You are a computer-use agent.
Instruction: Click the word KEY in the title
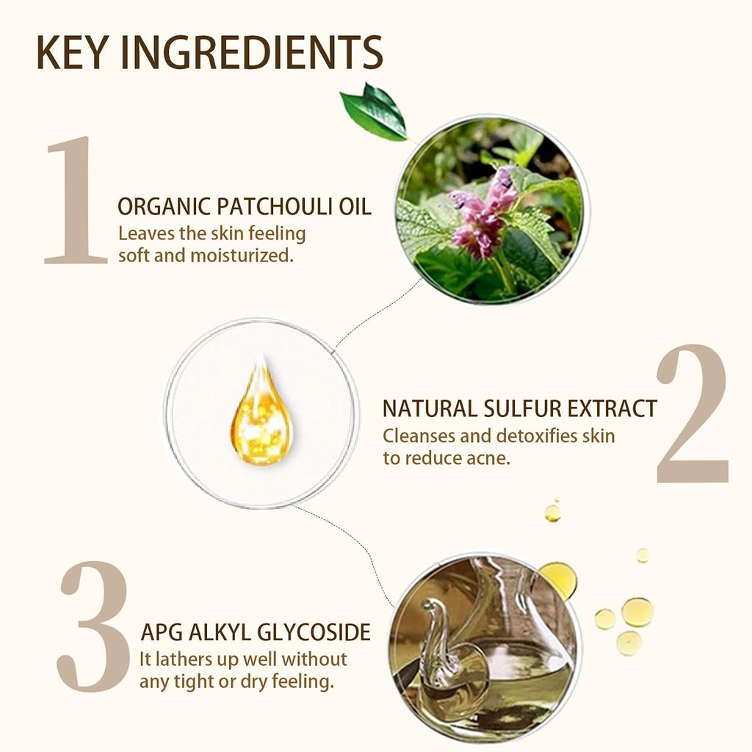tap(72, 52)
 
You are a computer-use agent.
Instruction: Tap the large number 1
tap(76, 200)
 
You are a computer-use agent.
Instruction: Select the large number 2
tap(692, 413)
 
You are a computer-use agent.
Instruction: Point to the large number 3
tap(93, 626)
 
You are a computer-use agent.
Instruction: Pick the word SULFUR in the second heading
tap(522, 409)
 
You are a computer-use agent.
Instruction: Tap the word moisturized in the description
tap(242, 255)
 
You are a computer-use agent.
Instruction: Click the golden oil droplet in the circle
tap(261, 413)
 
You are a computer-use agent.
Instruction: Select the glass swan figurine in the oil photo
tap(444, 652)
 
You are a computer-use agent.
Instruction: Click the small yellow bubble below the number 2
tap(552, 513)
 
